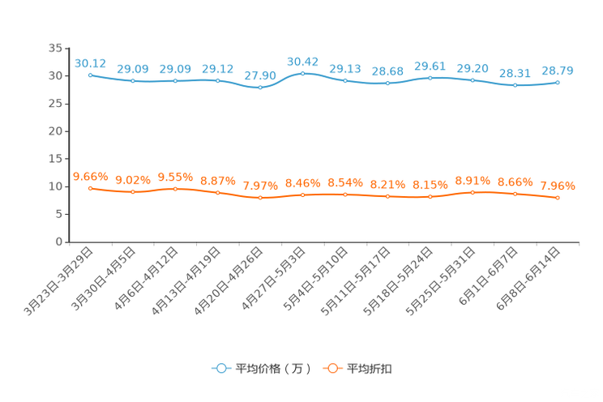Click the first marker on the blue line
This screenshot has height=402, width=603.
pos(90,74)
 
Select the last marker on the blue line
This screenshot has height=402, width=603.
pos(558,82)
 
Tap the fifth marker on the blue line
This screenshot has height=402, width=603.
pos(260,87)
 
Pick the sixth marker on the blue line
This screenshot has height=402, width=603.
pos(303,73)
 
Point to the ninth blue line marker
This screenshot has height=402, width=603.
pos(430,77)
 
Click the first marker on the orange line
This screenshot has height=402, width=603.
pos(90,187)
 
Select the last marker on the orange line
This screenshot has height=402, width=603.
pos(558,197)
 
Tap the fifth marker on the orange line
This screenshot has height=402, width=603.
pos(260,197)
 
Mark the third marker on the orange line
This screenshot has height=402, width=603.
pos(175,188)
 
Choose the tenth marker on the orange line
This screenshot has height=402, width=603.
pos(473,192)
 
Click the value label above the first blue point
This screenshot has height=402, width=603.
pos(90,62)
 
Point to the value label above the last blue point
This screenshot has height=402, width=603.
pos(558,71)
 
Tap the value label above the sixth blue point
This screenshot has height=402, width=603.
pos(303,61)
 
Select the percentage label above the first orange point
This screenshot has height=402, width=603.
pos(90,176)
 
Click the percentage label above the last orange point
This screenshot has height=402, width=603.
pos(558,186)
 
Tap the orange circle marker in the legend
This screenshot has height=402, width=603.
pos(331,368)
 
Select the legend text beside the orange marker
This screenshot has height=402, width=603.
pos(370,369)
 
